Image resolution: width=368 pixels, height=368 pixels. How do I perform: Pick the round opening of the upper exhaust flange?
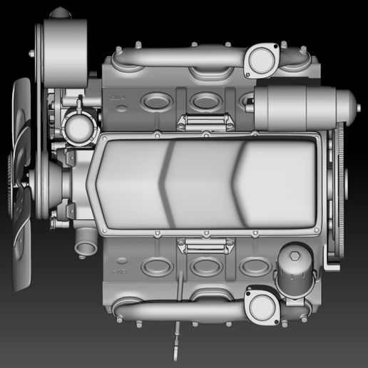[261, 60]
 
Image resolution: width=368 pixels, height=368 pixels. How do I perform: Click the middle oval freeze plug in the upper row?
[205, 101]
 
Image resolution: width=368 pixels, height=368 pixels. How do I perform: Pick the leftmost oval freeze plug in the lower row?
[157, 268]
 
